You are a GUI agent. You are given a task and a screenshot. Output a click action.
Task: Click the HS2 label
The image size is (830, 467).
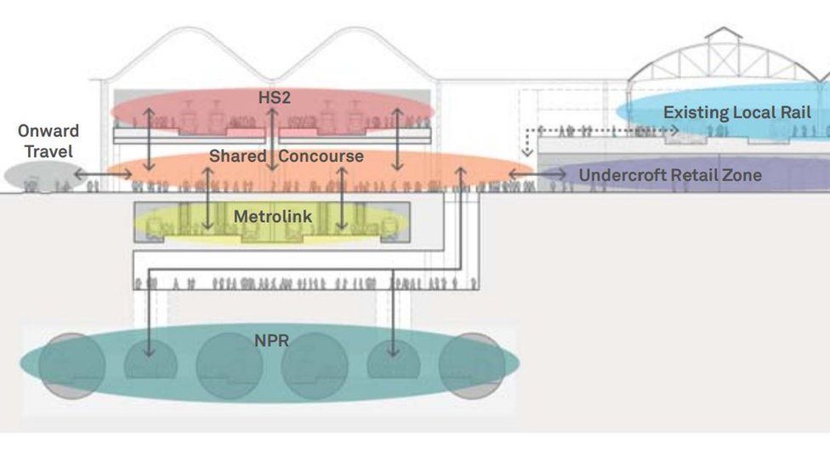[x=274, y=98]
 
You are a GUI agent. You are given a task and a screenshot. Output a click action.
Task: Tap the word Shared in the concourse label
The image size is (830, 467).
[x=237, y=157]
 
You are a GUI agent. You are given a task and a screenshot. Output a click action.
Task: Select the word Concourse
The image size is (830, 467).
[x=321, y=157]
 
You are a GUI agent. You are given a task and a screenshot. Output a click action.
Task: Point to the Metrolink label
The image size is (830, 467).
[x=273, y=217]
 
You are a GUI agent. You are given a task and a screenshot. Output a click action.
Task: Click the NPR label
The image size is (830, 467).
[x=271, y=341]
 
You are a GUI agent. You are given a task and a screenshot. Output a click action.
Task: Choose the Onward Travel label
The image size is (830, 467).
[x=48, y=141]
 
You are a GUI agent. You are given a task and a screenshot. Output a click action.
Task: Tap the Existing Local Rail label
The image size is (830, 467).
[x=736, y=112]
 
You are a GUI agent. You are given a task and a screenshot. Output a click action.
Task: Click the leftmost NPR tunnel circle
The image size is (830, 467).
[x=71, y=366]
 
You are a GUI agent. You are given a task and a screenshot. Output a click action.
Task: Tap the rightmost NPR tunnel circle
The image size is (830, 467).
[x=473, y=366]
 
